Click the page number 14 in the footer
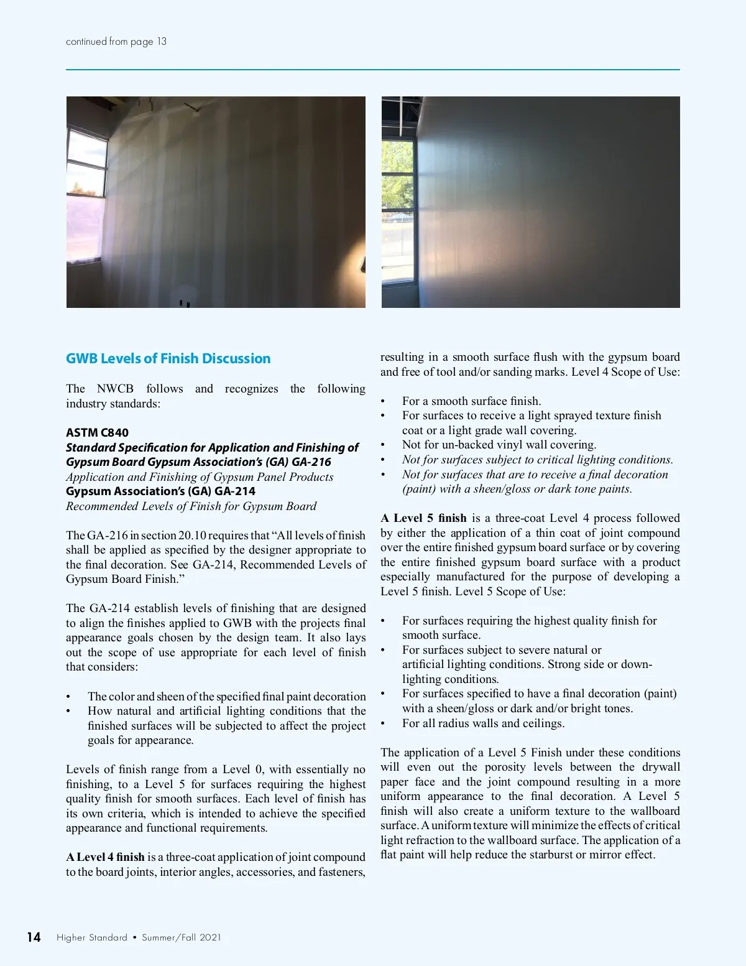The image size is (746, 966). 34,937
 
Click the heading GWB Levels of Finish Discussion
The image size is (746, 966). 168,358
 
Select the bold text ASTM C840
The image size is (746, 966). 97,432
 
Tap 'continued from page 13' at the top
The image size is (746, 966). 116,42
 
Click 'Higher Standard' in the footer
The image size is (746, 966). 92,937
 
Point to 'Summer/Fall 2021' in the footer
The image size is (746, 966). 182,937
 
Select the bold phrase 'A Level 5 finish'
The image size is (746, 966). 423,518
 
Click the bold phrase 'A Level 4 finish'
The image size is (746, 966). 105,857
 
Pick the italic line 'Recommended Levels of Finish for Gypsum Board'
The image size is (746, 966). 191,506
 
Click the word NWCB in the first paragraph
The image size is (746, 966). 115,389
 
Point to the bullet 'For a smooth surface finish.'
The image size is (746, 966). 471,401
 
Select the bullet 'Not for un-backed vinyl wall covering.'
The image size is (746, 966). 499,445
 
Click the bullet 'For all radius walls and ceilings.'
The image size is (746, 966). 483,723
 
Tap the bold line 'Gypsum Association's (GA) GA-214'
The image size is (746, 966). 160,491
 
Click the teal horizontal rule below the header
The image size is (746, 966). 373,70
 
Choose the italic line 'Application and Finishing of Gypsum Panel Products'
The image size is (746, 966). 200,477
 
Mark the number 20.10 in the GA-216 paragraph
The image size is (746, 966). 192,536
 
